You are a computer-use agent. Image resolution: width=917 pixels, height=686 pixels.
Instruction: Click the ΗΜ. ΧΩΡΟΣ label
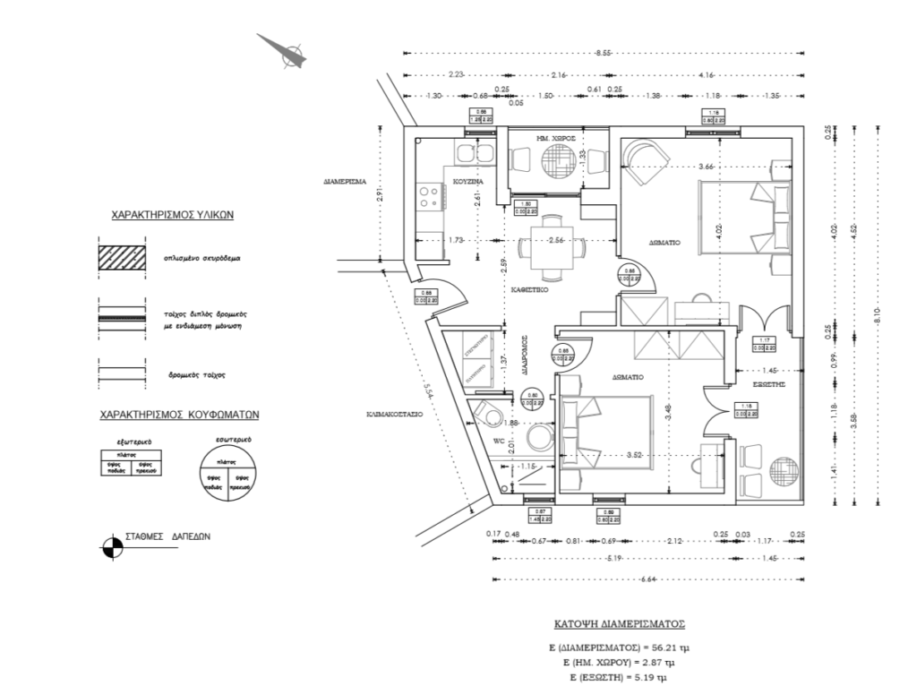pos(554,139)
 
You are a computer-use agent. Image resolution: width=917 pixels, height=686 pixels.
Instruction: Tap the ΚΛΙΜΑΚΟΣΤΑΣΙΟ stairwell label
pos(395,415)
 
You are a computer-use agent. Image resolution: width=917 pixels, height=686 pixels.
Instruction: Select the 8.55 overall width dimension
pos(602,54)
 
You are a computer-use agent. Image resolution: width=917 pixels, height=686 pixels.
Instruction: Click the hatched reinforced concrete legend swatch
pos(123,257)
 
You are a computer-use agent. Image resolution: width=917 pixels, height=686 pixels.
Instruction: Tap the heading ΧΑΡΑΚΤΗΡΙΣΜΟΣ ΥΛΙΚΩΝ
pos(172,216)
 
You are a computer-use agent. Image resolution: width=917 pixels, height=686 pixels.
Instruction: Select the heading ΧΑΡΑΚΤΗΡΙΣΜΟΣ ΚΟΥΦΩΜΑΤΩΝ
pos(179,416)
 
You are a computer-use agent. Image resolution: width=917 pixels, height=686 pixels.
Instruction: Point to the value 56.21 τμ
pos(669,646)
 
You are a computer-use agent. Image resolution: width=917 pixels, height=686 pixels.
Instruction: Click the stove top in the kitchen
pos(431,196)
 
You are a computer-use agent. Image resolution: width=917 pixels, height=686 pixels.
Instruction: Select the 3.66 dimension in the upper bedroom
pos(707,167)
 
